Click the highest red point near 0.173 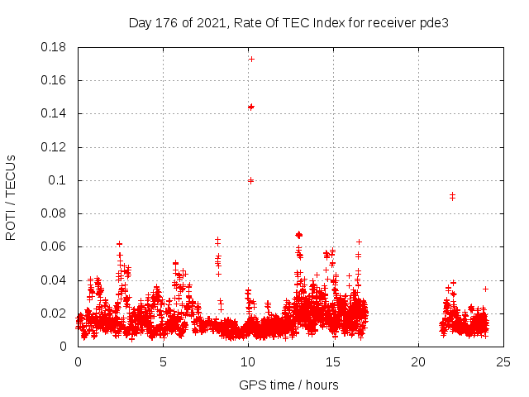coord(251,59)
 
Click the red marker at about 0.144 coord(251,107)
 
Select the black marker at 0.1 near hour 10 coord(250,180)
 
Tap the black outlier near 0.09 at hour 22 coord(452,196)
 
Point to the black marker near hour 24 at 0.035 coord(485,289)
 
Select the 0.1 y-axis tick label coord(60,180)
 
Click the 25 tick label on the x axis coord(503,361)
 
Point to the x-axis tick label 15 coord(333,361)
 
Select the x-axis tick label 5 coord(163,361)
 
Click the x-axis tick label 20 coord(418,361)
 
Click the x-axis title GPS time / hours coord(288,385)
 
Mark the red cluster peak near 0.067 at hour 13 coord(298,235)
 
